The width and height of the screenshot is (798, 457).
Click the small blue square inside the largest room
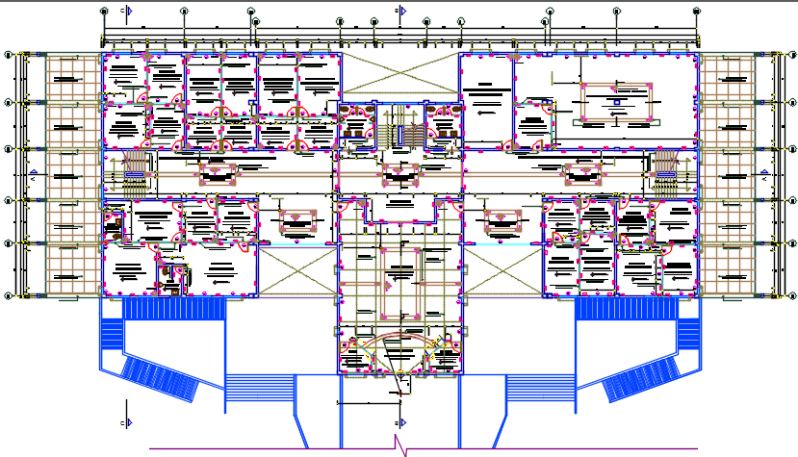click(x=614, y=100)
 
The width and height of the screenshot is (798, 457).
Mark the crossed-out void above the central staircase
click(x=399, y=73)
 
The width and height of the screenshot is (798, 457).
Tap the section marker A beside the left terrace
click(x=35, y=177)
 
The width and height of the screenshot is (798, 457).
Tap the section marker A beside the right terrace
click(x=762, y=177)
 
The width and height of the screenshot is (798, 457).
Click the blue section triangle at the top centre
click(x=403, y=11)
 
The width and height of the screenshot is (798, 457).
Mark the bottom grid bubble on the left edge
click(x=9, y=295)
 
